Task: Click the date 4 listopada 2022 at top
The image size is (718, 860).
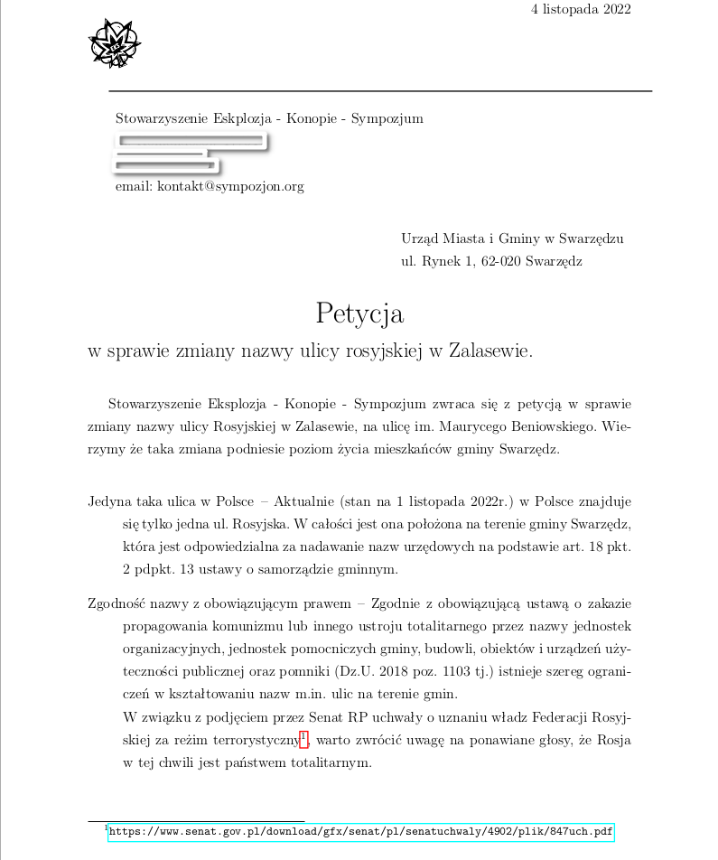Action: coord(581,10)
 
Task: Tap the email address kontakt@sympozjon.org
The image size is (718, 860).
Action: coord(230,187)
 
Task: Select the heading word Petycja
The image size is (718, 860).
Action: coord(359,313)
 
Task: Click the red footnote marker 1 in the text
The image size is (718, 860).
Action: coord(303,740)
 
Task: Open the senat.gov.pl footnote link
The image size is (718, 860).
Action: coord(361,831)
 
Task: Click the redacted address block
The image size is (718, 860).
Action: coord(190,153)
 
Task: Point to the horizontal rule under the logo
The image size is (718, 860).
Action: coord(380,91)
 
